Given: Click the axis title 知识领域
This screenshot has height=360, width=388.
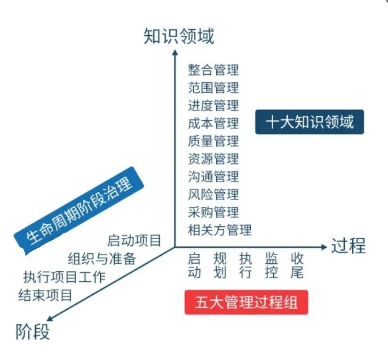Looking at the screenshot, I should (179, 36).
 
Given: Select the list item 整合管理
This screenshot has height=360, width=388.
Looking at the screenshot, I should (213, 70).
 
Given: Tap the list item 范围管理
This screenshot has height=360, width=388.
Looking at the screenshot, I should (213, 88).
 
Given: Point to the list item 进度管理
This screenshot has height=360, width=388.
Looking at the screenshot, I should (213, 105).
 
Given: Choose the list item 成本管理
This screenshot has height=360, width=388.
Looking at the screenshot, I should (213, 123).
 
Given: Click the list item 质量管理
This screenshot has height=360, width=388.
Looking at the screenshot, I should (213, 141).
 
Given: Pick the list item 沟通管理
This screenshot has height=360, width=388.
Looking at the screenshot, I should (213, 177).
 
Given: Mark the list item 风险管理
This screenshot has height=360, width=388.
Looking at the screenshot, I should (213, 194).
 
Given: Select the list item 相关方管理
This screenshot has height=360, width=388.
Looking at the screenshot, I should (220, 230).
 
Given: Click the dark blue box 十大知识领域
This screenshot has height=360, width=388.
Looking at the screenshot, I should (309, 122).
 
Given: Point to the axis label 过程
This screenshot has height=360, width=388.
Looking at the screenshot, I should (348, 246).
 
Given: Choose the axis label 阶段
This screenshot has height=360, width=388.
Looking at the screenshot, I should (33, 332).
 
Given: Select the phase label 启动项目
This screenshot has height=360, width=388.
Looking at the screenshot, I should (134, 241).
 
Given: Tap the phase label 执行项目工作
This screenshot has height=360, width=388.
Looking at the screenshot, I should (64, 277).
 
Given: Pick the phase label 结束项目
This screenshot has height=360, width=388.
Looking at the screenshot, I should (45, 295).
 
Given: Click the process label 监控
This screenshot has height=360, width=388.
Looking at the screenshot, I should (271, 265).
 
